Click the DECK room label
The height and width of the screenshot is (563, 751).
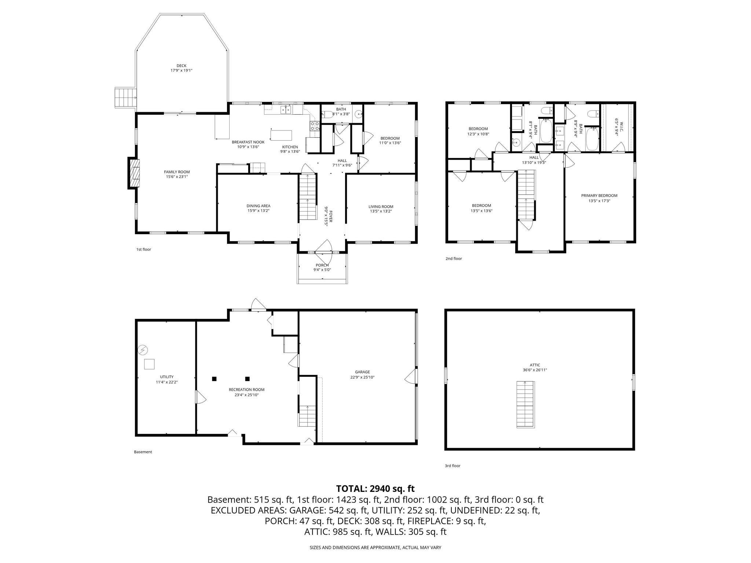(182, 66)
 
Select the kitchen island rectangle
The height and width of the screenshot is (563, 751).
(281, 135)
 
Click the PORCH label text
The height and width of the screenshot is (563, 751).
(322, 265)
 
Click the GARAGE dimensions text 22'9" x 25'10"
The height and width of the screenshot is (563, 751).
(362, 377)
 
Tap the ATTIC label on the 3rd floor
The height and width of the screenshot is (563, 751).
(535, 365)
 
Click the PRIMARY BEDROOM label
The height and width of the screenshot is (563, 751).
(599, 195)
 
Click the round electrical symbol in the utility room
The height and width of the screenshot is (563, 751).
(143, 350)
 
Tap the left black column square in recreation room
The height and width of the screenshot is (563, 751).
(214, 379)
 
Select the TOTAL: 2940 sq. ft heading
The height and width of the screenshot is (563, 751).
(375, 489)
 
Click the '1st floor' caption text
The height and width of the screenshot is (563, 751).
(144, 250)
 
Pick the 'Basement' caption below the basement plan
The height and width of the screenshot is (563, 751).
(143, 452)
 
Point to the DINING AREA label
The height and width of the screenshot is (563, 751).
(258, 206)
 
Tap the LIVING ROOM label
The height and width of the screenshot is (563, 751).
(381, 207)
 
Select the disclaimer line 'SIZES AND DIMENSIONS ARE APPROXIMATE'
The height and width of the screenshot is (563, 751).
(375, 548)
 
